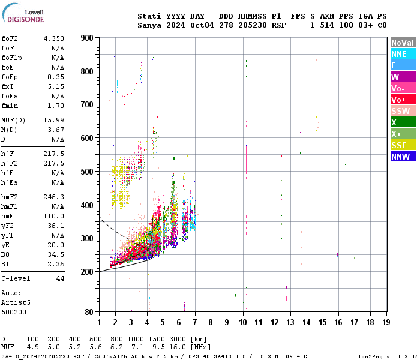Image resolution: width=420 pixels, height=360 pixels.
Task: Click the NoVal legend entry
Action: pos(403,43)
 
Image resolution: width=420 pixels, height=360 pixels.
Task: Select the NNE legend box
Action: pos(403,54)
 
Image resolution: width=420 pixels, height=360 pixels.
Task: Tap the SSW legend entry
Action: pos(403,111)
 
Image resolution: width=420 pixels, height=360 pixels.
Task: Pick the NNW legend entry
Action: pos(403,157)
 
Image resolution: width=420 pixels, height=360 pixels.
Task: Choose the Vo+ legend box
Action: pos(403,100)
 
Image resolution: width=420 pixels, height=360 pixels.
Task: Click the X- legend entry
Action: pos(403,122)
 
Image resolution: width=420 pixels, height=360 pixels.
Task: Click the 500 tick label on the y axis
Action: pos(88,172)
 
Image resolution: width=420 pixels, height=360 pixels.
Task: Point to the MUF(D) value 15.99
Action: pos(53,121)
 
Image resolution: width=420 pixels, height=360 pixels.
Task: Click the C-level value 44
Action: pos(60,278)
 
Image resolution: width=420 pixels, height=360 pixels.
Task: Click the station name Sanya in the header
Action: pos(149,25)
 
